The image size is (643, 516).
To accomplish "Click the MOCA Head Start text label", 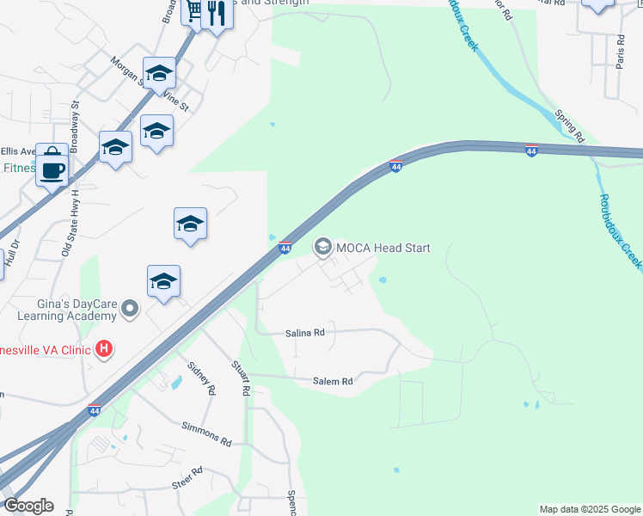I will (x=383, y=248).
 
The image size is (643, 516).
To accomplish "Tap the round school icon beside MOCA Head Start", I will (x=323, y=248).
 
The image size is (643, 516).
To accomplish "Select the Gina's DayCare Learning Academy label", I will (x=58, y=309).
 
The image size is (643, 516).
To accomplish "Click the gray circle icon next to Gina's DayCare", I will (x=130, y=308).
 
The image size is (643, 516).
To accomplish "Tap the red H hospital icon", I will (x=104, y=349).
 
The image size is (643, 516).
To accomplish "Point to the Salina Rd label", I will (x=306, y=332).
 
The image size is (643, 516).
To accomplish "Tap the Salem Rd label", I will (x=333, y=381).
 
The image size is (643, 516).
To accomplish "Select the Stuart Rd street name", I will (x=241, y=378).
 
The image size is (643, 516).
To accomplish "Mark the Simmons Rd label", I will (x=206, y=433).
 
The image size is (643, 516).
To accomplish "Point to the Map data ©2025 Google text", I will (x=589, y=509).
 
